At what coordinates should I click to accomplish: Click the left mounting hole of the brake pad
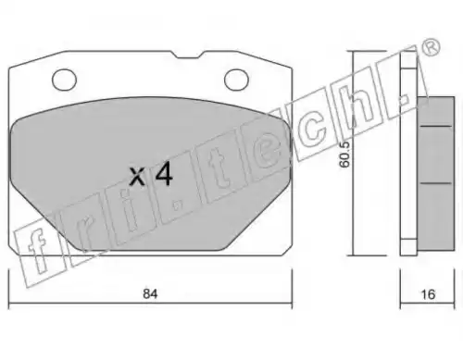[64, 80]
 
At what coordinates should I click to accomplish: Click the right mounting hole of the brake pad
[236, 80]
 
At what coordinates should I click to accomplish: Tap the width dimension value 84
[150, 293]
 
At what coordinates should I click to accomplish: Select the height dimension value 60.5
[344, 154]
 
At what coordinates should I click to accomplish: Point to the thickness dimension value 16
[428, 294]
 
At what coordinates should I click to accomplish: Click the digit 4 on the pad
[164, 175]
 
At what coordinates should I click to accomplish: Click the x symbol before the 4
[137, 177]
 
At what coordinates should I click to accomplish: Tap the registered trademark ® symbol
[431, 48]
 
